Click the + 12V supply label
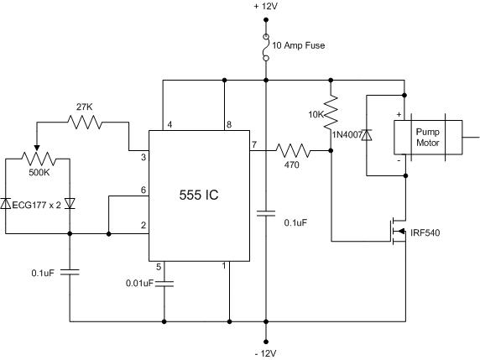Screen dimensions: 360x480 [266, 8]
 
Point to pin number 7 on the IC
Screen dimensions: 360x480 [253, 144]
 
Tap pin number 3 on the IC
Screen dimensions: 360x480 [143, 156]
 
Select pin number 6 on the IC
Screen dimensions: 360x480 [143, 191]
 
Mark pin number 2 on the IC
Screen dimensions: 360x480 [143, 225]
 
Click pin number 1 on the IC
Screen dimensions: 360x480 [223, 267]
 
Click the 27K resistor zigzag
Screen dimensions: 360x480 [85, 123]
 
